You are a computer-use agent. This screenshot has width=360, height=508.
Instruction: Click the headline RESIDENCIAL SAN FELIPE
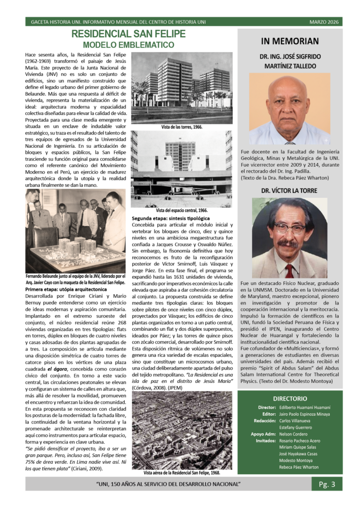pyautogui.click(x=128, y=34)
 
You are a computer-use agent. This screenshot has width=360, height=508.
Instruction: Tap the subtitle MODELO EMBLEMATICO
pyautogui.click(x=128, y=45)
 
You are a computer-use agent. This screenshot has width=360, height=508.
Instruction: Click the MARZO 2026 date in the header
pyautogui.click(x=326, y=22)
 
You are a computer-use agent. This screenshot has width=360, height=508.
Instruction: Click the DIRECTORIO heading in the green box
pyautogui.click(x=289, y=398)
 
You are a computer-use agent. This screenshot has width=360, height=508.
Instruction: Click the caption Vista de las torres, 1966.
pyautogui.click(x=181, y=127)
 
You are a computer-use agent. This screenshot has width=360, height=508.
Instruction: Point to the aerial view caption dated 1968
pyautogui.click(x=181, y=473)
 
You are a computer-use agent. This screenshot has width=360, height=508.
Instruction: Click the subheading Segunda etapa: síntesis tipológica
pyautogui.click(x=171, y=218)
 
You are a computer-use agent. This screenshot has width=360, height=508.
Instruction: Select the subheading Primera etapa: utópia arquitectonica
pyautogui.click(x=65, y=288)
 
